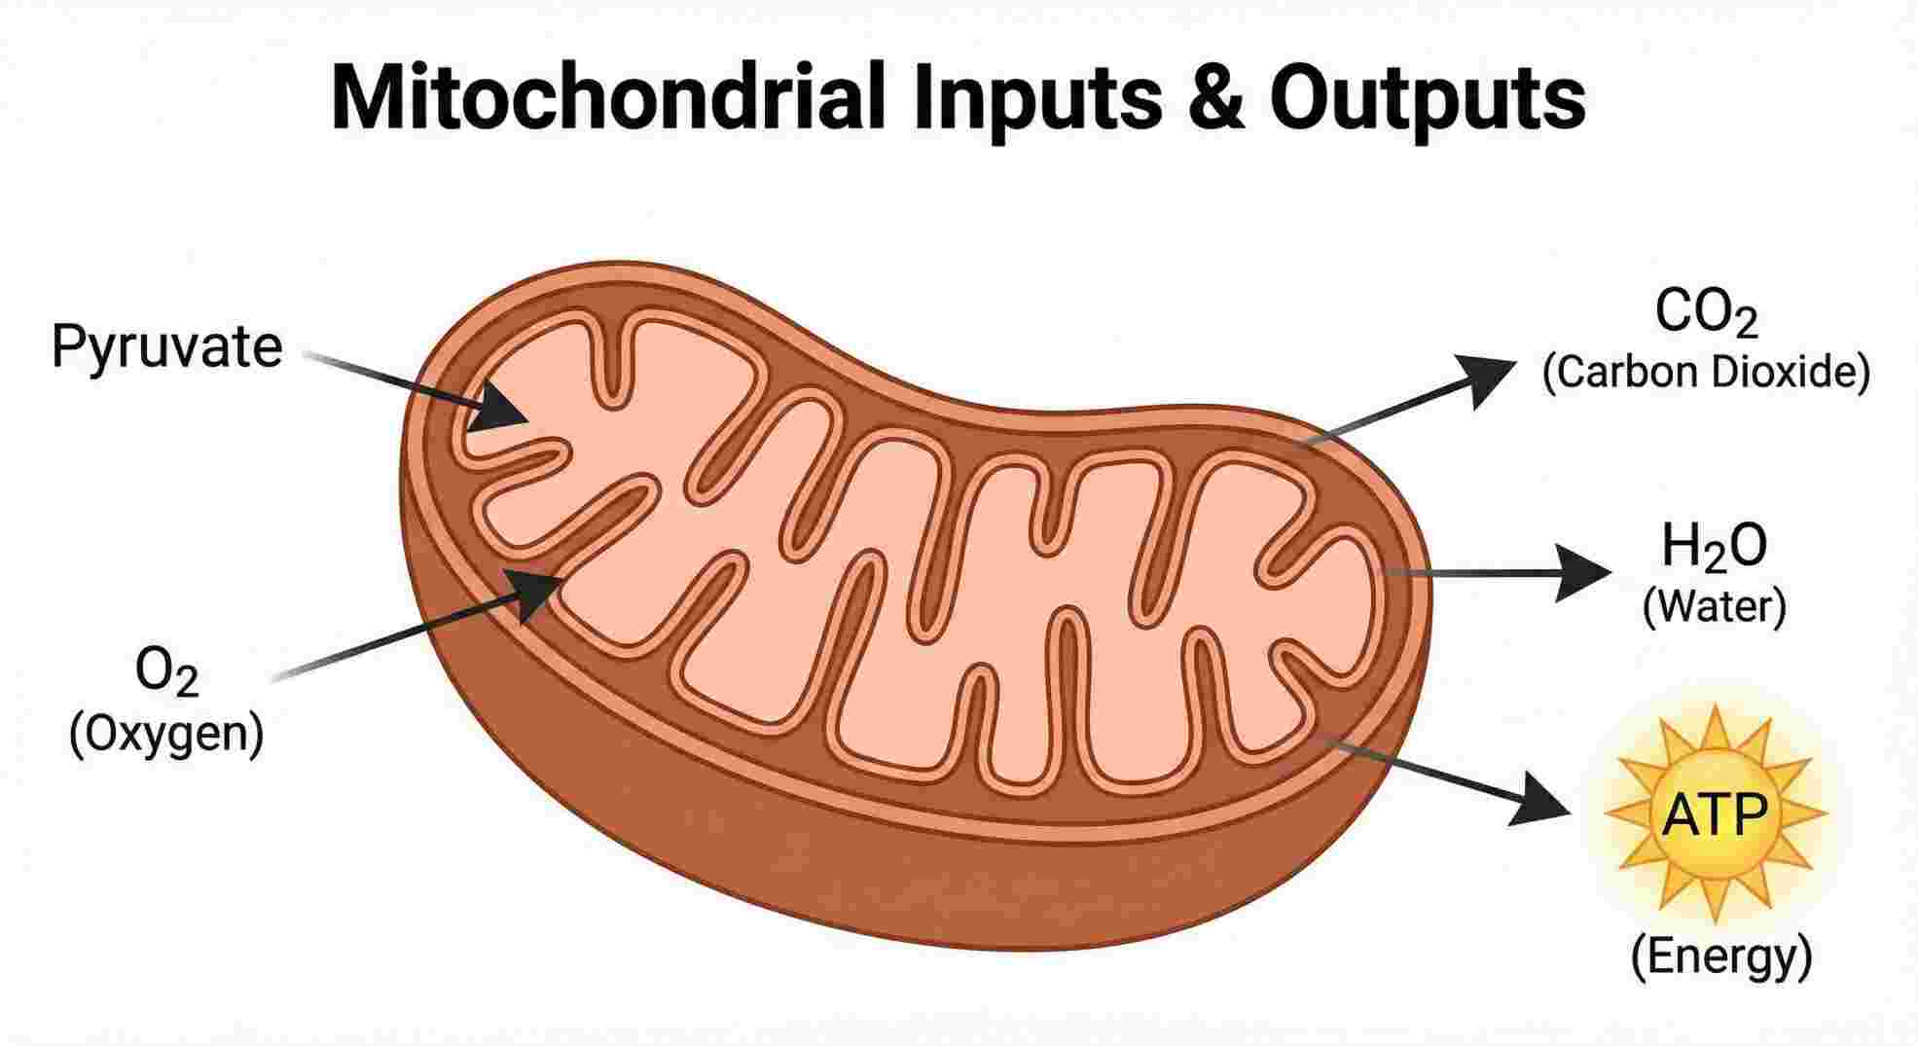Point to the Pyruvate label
pos(166,346)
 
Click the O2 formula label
pos(167,672)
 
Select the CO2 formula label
pos(1706,313)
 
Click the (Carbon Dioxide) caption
pos(1706,373)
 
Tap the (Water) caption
pos(1714,606)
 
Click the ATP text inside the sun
pos(1714,815)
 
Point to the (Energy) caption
pos(1720,956)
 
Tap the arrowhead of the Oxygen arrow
pos(533,590)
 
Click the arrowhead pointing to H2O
pos(1581,572)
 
